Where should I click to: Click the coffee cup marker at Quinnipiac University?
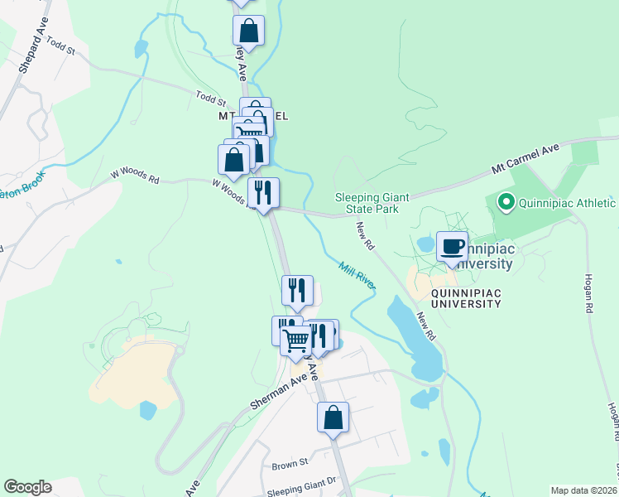452,247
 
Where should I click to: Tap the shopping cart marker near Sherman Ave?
295,340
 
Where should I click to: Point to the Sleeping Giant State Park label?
367,203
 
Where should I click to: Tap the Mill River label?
357,275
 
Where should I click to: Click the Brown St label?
290,464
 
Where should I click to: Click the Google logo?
27,487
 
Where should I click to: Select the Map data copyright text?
583,490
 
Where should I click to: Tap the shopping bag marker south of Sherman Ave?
333,417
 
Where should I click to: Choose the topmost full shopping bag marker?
248,31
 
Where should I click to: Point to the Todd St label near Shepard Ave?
60,45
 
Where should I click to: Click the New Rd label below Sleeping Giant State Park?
365,236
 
